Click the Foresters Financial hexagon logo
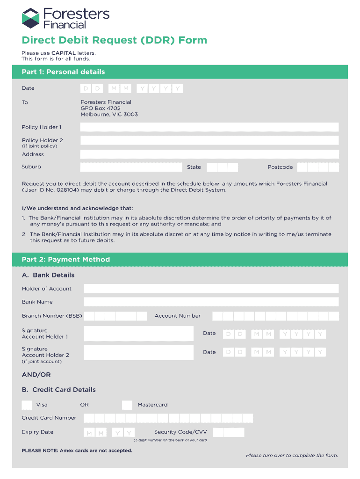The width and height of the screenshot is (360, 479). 31,18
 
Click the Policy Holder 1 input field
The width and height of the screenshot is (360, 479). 209,127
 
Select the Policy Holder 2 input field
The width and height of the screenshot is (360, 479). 209,140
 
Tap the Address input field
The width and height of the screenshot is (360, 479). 209,154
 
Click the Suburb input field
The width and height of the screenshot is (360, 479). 131,167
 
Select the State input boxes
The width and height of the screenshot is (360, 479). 222,167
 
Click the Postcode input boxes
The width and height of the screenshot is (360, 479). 318,167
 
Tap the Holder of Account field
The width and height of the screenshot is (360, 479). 211,289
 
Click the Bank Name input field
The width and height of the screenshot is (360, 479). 211,302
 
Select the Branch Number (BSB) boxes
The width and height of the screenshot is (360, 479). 115,316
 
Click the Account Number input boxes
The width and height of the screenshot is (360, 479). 275,316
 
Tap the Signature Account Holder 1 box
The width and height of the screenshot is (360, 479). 138,334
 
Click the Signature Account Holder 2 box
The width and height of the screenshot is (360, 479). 138,352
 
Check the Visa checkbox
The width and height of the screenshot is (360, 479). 27,405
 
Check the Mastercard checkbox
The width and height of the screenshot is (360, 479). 127,405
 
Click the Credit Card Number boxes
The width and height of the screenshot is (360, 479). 168,418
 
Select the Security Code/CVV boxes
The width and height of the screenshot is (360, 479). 228,432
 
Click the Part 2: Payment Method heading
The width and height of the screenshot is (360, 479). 65,260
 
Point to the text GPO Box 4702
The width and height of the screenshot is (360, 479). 101,108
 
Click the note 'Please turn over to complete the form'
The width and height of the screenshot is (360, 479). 292,455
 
